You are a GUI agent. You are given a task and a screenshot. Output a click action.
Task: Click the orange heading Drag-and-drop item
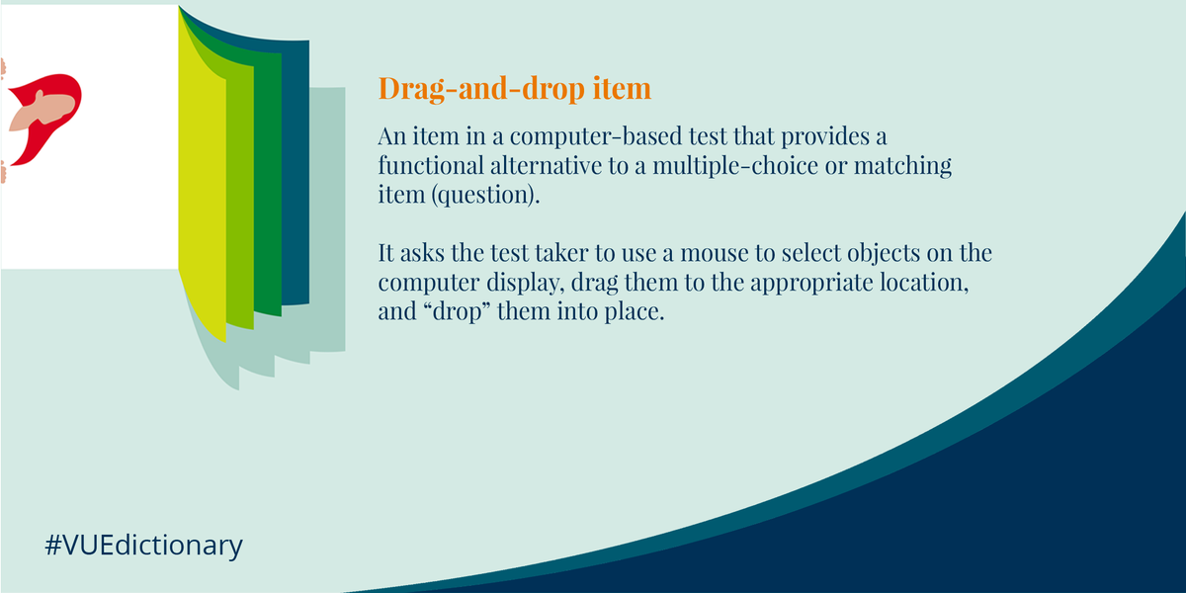[x=514, y=89]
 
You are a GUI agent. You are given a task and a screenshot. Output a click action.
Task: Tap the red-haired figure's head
[x=44, y=109]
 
